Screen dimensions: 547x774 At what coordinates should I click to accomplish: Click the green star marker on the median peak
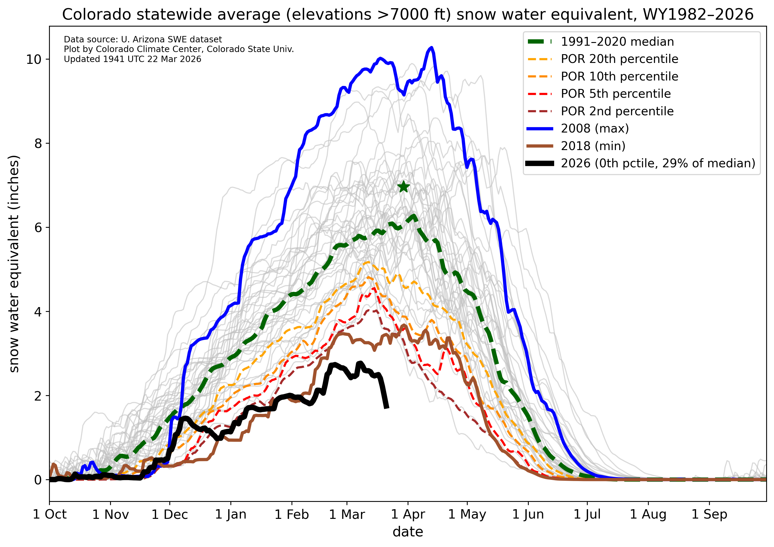404,186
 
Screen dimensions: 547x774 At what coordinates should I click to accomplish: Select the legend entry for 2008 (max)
595,129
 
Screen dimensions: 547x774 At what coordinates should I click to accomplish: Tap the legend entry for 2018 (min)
593,146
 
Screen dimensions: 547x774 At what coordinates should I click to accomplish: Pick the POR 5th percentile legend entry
616,94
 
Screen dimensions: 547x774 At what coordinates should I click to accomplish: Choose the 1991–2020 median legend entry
617,42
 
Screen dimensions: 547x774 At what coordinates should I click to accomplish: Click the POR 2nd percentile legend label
617,111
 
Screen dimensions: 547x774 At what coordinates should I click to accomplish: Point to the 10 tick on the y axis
33,59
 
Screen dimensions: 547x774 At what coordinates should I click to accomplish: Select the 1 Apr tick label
408,515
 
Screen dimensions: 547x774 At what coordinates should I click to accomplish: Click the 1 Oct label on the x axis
50,515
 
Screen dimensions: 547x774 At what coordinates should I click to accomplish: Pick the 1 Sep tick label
709,515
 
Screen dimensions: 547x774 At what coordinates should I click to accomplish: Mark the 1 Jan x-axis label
231,515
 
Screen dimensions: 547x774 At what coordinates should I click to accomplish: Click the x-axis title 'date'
408,532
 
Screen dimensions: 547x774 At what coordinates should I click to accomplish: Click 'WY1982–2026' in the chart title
698,15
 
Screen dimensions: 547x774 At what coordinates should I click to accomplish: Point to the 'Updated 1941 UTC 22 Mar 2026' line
132,59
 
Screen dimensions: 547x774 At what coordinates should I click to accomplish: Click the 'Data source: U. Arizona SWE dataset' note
143,39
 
